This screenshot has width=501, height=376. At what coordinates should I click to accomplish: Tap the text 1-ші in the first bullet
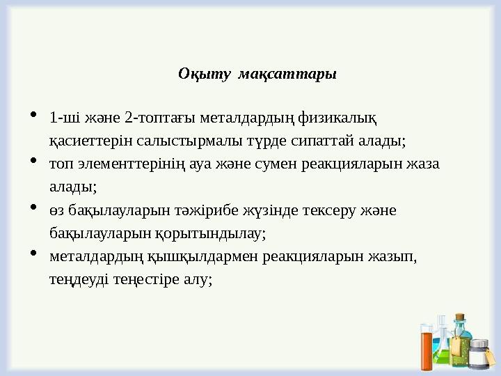[63, 116]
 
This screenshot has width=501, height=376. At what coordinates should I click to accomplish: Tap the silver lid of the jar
[479, 343]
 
